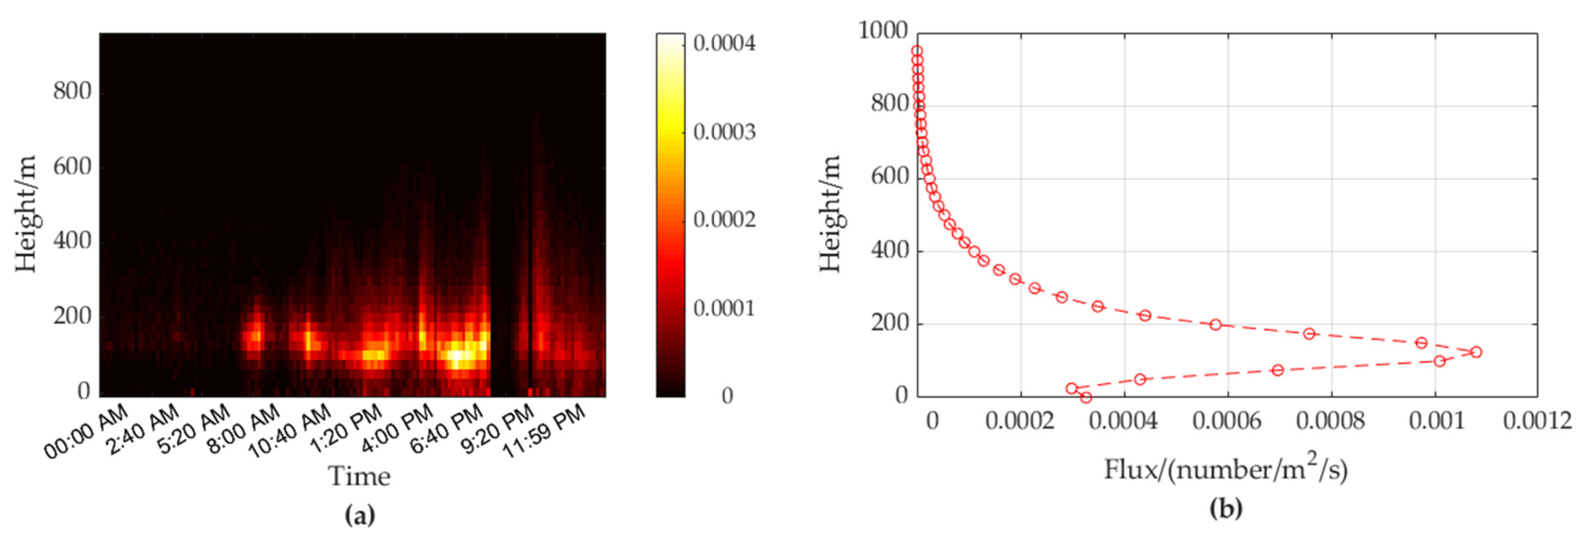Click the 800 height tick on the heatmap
[x=72, y=91]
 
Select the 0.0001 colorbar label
[x=724, y=308]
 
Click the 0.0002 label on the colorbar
[x=724, y=220]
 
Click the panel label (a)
[x=360, y=514]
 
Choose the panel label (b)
[x=1226, y=508]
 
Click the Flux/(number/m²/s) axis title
[x=1226, y=470]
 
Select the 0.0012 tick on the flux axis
[x=1537, y=421]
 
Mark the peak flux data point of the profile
[x=1476, y=352]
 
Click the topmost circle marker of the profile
[x=917, y=51]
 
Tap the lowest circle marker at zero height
[x=1086, y=398]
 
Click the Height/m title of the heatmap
[x=26, y=214]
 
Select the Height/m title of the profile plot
[x=830, y=214]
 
